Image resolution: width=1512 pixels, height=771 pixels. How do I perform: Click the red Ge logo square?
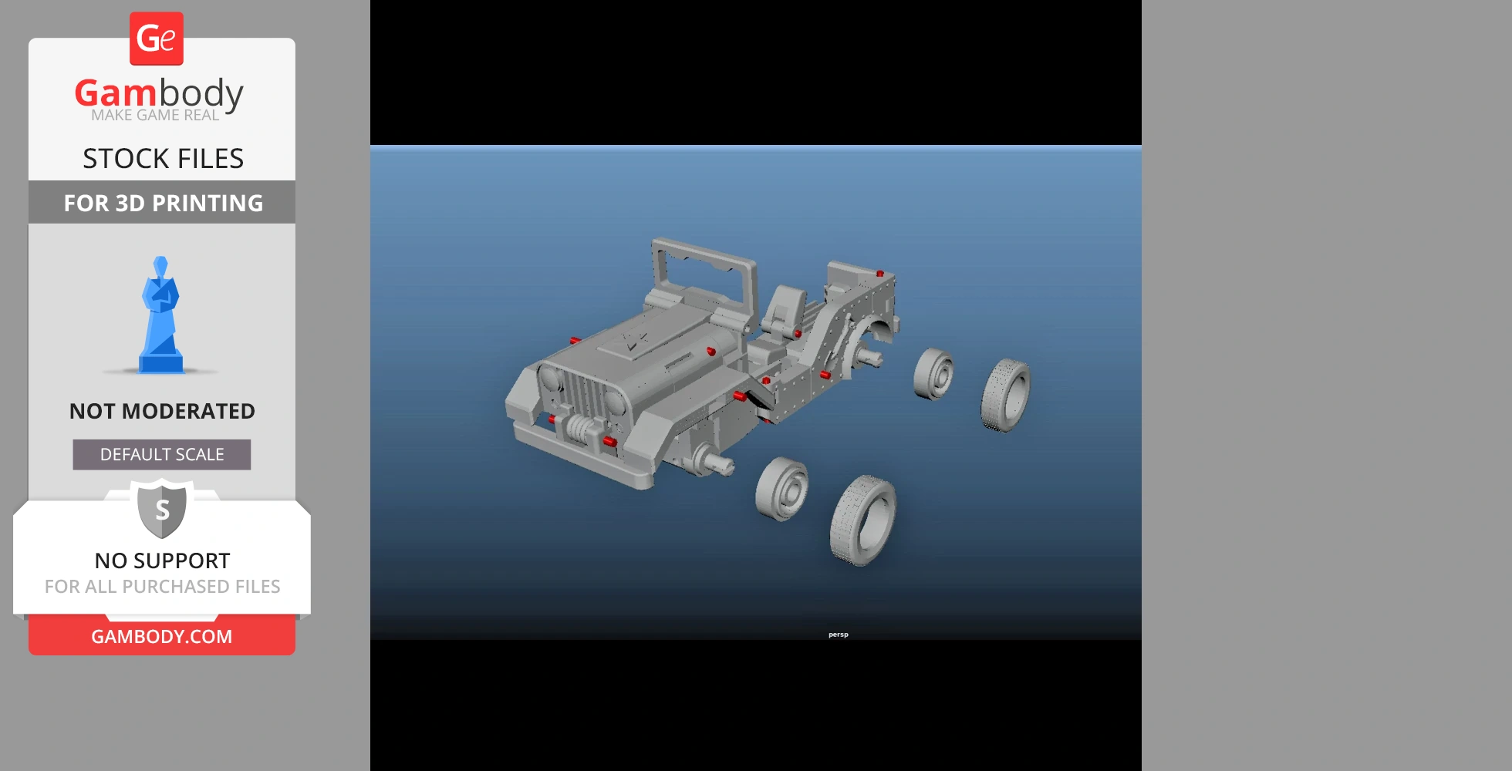(157, 39)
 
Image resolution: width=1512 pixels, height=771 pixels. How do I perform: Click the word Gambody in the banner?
(159, 93)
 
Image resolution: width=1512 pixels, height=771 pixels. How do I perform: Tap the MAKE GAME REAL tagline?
(155, 116)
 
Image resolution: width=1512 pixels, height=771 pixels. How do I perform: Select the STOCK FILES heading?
(163, 159)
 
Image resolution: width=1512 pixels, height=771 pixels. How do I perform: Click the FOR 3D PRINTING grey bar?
(162, 203)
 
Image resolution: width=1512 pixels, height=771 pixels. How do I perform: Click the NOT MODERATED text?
(162, 411)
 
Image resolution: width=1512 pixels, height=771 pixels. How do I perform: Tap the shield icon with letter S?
(162, 509)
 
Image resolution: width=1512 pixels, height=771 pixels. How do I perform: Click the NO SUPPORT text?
(162, 561)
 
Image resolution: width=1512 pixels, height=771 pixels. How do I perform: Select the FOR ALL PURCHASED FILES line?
(162, 587)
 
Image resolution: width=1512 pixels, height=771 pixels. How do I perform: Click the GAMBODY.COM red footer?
(162, 636)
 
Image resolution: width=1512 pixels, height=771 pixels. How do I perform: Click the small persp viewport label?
(838, 635)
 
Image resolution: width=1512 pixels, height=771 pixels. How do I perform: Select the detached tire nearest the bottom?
(862, 520)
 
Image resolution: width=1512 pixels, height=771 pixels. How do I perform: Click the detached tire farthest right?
(1005, 394)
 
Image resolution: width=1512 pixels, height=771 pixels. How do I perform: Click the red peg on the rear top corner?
(879, 274)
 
